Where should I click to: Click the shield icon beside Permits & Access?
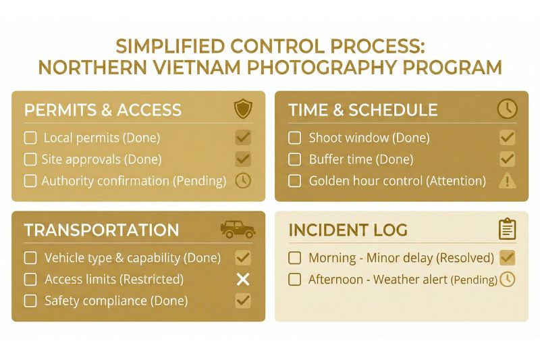tap(243, 109)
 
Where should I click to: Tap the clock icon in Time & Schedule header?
tap(506, 109)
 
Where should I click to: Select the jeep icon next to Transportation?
tap(238, 230)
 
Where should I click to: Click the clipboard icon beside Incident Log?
tap(507, 230)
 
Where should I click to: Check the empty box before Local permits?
tap(30, 138)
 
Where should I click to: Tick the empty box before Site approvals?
tap(30, 159)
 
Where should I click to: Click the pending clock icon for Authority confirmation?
tap(243, 181)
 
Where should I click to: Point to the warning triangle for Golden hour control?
tap(507, 181)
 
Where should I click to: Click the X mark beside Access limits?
tap(243, 279)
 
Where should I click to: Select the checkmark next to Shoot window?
tap(507, 138)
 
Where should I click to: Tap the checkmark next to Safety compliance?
tap(243, 301)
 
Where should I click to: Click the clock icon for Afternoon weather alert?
tap(507, 279)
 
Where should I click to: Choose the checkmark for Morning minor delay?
tap(507, 257)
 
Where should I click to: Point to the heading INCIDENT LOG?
tap(348, 230)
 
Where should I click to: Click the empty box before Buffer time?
tap(294, 159)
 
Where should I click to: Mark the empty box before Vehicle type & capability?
tap(30, 257)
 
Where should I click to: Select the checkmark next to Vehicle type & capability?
tap(243, 257)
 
